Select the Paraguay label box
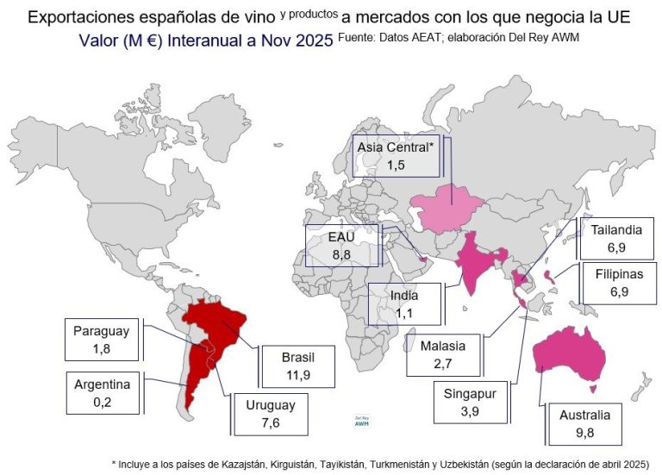(100, 340)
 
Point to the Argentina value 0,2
(101, 401)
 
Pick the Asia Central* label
(397, 155)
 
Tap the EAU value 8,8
(330, 254)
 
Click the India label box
(404, 305)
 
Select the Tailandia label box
(616, 238)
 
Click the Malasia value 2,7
(443, 363)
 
